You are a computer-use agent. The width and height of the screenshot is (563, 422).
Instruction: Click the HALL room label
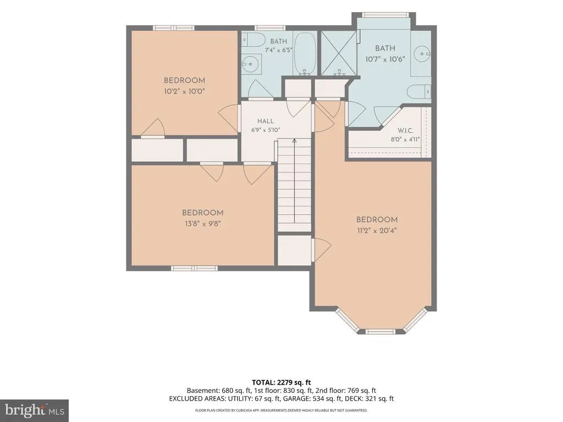tap(266, 121)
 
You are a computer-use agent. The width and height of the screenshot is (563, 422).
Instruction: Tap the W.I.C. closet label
tap(405, 131)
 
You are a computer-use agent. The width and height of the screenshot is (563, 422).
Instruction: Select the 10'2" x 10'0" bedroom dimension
tap(184, 91)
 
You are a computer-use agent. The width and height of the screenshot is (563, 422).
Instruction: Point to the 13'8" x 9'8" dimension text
tap(202, 224)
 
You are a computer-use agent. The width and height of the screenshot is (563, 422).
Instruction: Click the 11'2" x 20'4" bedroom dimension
tap(377, 230)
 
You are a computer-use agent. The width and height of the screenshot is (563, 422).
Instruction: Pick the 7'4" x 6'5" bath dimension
tap(278, 50)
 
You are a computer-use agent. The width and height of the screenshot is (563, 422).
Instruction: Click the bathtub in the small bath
tap(305, 53)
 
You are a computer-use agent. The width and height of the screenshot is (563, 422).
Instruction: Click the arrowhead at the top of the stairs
tap(295, 141)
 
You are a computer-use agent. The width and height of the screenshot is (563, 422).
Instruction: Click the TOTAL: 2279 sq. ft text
tap(281, 382)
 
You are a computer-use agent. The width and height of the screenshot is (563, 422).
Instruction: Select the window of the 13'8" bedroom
tap(194, 268)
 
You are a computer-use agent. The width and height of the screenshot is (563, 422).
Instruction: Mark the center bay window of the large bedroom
tap(380, 331)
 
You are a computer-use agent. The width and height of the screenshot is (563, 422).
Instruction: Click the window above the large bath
tap(385, 15)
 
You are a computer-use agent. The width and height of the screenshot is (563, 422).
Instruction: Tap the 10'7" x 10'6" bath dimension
tap(385, 59)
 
